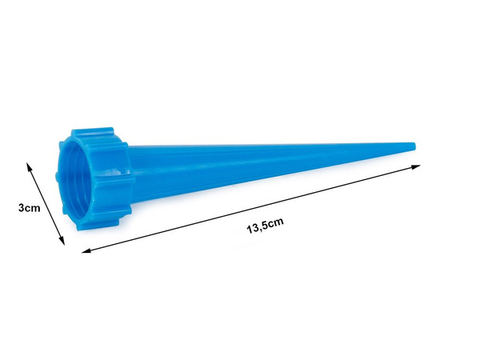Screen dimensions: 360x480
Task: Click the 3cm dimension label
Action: pyautogui.click(x=29, y=208)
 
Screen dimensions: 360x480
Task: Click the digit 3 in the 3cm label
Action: pyautogui.click(x=21, y=208)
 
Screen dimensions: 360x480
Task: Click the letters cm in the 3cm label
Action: pyautogui.click(x=33, y=208)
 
